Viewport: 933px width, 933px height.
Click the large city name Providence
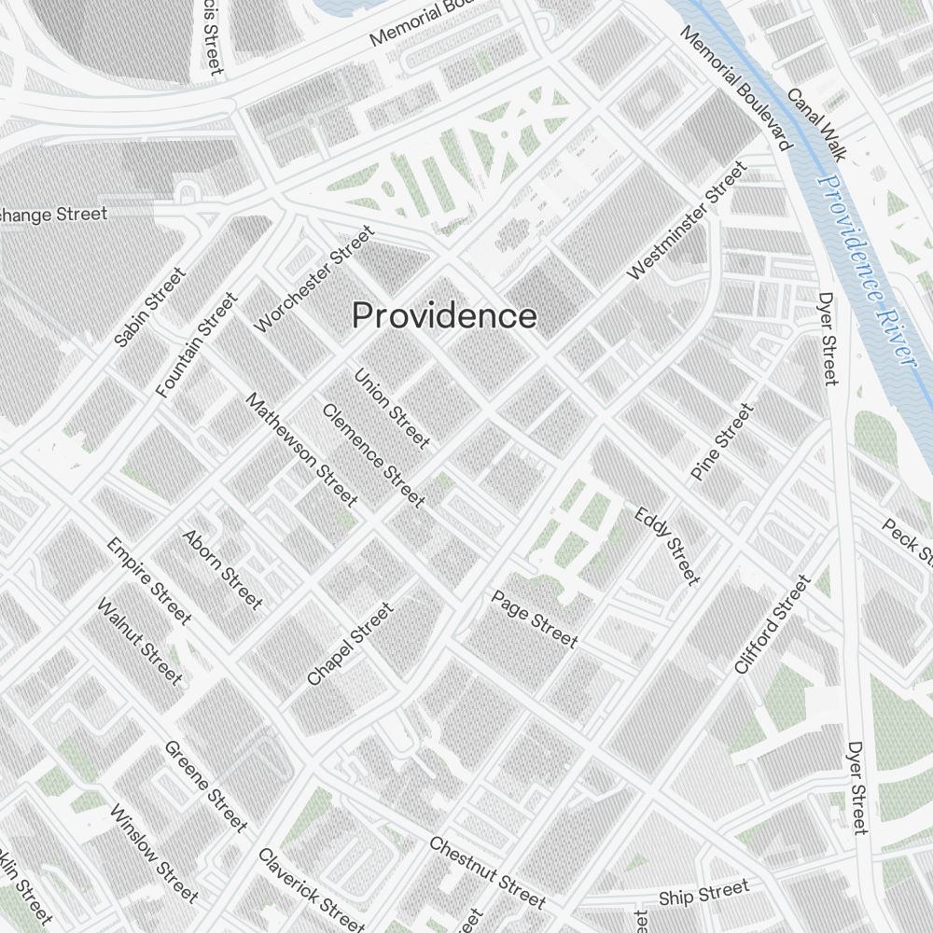444,316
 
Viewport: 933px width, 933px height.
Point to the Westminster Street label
687,221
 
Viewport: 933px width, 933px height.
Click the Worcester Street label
313,278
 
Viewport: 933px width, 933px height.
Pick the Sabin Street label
149,308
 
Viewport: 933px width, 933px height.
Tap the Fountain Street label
197,345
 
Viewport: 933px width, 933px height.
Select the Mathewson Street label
301,449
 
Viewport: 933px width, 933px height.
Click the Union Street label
392,408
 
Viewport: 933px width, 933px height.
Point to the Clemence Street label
373,455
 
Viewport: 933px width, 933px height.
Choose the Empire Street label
148,580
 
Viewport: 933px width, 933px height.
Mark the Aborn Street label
222,569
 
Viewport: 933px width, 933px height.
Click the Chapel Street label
350,644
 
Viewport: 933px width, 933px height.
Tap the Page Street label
535,619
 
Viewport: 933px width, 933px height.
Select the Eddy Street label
666,546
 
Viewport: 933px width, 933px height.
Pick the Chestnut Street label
487,871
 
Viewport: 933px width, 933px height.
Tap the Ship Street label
703,893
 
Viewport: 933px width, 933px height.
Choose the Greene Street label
206,786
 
